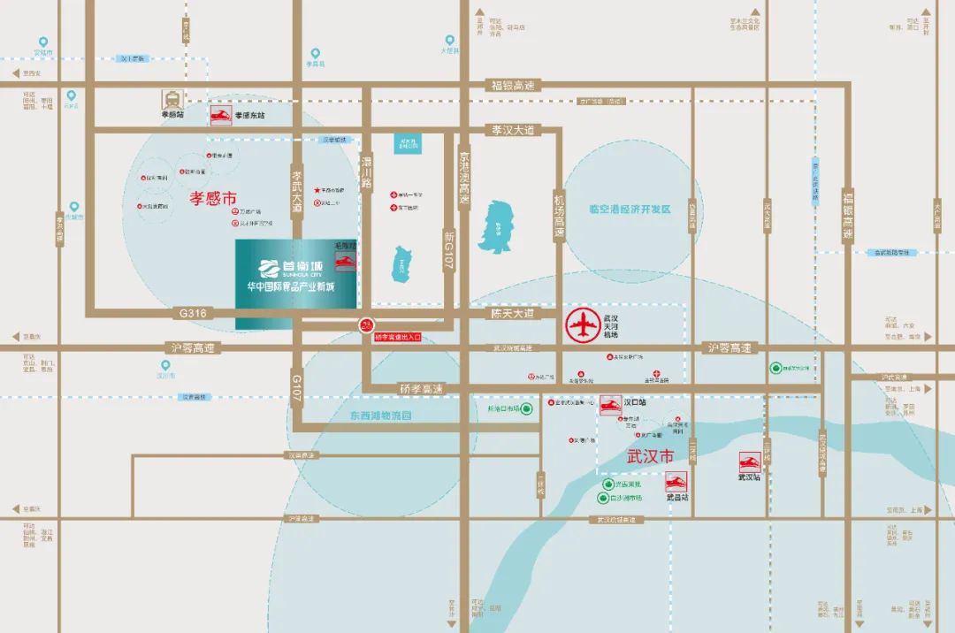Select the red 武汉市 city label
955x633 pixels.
[650, 457]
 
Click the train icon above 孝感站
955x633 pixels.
[168, 99]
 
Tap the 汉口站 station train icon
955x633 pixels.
[610, 404]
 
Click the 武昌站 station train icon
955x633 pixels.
[676, 483]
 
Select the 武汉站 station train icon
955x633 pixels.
[751, 462]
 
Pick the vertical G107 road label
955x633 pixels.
[297, 386]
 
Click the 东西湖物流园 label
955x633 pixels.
[380, 415]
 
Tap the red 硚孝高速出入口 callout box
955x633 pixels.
[398, 337]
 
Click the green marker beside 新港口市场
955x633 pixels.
[526, 409]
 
